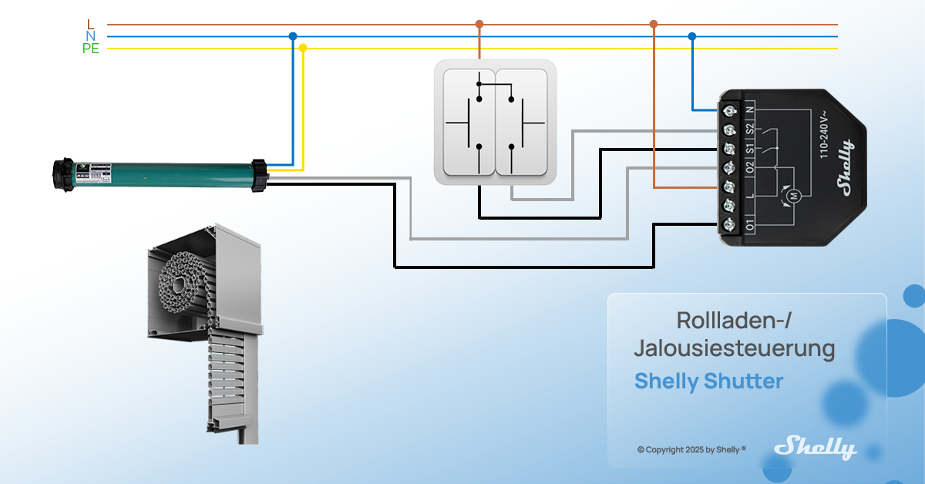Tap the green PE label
(91, 49)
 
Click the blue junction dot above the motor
(292, 36)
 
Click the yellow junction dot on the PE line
(303, 48)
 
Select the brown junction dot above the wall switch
(479, 24)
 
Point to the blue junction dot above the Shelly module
(691, 36)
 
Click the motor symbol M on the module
(792, 197)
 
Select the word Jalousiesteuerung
(734, 348)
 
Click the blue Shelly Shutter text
(708, 381)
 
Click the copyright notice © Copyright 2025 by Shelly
(691, 449)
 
